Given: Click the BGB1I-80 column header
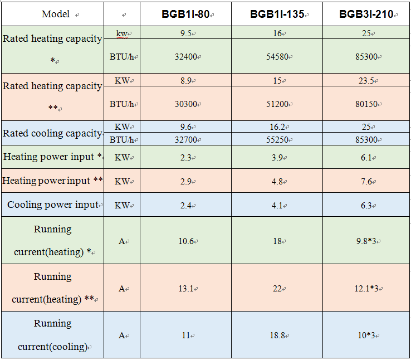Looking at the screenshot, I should [x=185, y=14].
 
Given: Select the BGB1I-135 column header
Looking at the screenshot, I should [x=277, y=14].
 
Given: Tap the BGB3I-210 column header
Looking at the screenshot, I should [x=366, y=14].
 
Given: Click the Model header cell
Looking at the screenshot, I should [x=56, y=14].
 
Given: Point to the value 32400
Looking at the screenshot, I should [x=185, y=56].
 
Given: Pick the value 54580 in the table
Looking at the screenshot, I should [x=276, y=56].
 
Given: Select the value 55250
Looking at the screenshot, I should [x=276, y=140].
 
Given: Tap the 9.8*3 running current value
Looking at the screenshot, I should [x=366, y=241].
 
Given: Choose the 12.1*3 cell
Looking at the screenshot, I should [x=366, y=289].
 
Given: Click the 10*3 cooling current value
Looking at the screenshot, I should [x=366, y=335].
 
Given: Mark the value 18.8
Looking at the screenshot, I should [x=276, y=335].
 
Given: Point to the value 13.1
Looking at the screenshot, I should [x=185, y=289].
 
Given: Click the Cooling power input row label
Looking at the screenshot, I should [x=53, y=205].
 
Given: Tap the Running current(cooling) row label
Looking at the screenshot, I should [x=53, y=335].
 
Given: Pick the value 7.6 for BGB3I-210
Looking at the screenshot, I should [x=366, y=181].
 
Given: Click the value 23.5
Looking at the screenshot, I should [x=366, y=80].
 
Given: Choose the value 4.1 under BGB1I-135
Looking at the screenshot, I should [x=276, y=205].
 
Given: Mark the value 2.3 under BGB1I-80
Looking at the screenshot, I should [x=185, y=158].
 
